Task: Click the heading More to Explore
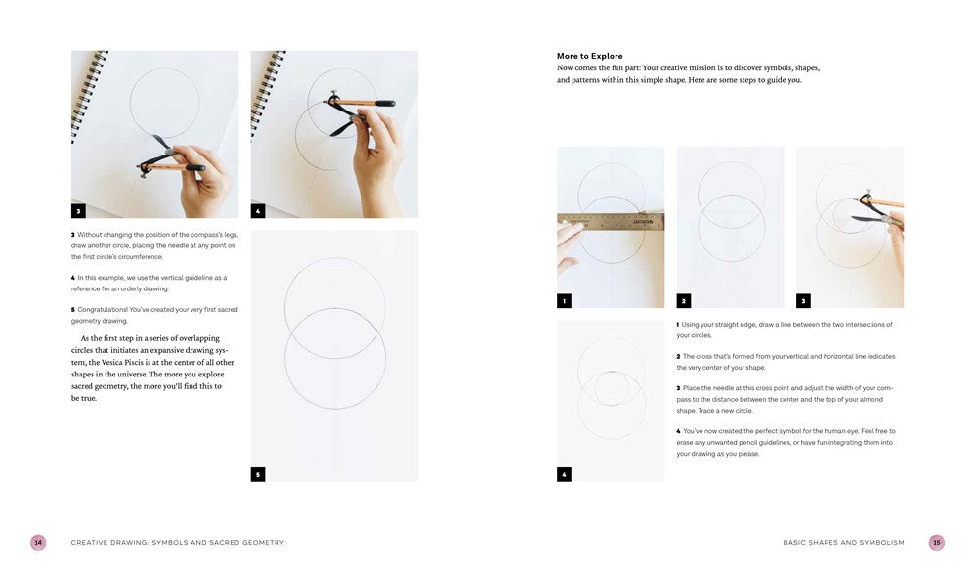click(x=589, y=56)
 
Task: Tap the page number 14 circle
click(x=38, y=542)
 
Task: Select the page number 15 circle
click(x=936, y=542)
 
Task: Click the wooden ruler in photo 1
click(x=611, y=222)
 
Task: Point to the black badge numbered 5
click(x=258, y=474)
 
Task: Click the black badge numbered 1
click(x=564, y=300)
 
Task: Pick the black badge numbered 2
click(x=684, y=300)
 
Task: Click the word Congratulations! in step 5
click(x=112, y=310)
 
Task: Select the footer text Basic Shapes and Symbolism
click(x=843, y=542)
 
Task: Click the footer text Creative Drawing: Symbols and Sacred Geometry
click(x=177, y=542)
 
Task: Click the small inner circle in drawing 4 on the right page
click(x=611, y=387)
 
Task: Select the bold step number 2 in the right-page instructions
click(x=678, y=356)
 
